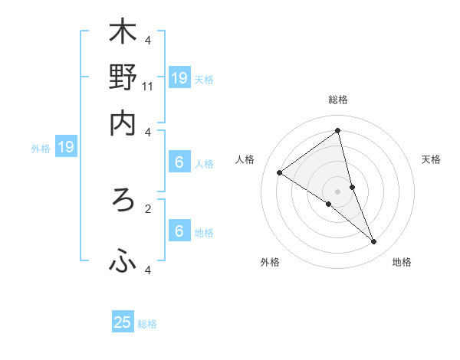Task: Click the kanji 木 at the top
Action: click(x=123, y=33)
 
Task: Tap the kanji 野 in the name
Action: click(x=123, y=77)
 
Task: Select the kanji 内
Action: click(x=123, y=123)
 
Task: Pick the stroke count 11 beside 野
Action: click(x=149, y=87)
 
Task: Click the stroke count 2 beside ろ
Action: click(x=149, y=208)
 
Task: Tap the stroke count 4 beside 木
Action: click(x=149, y=41)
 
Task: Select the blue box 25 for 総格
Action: click(x=123, y=322)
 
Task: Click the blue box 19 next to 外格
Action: click(x=66, y=147)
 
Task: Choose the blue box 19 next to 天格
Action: click(x=179, y=77)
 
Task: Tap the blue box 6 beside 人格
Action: click(x=179, y=162)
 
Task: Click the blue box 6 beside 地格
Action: click(x=179, y=231)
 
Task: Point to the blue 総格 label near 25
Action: click(x=147, y=324)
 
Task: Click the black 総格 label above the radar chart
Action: click(x=338, y=100)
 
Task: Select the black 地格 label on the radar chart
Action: click(x=402, y=262)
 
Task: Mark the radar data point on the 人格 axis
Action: click(x=280, y=172)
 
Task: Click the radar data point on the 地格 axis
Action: click(x=374, y=242)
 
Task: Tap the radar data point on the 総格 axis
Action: click(x=338, y=130)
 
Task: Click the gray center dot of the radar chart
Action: click(x=338, y=191)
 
